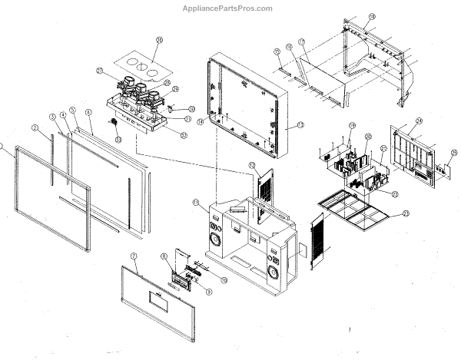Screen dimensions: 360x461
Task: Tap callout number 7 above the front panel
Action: (134, 255)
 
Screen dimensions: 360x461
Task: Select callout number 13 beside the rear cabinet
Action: (300, 125)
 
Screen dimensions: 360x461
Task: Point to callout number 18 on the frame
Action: (372, 16)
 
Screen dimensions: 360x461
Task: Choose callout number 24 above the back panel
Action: (420, 121)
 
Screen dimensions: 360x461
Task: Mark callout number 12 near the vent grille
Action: (251, 165)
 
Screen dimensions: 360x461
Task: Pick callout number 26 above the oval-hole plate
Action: (159, 41)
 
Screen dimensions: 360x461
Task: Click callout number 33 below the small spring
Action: (118, 140)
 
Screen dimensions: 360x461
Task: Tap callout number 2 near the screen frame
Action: (35, 127)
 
